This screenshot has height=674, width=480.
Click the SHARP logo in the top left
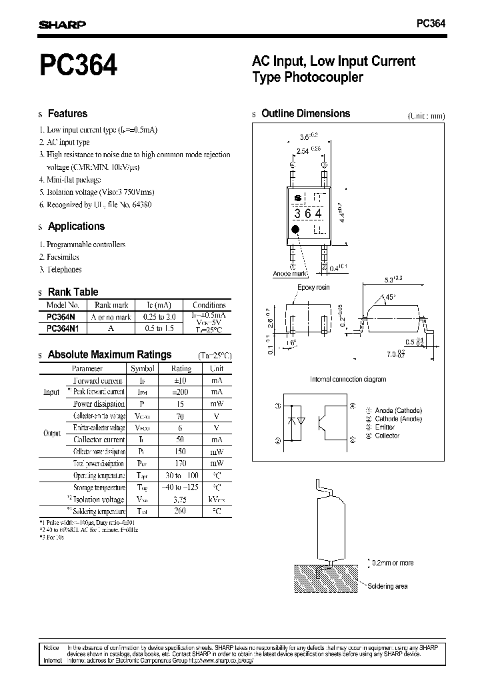click(x=61, y=25)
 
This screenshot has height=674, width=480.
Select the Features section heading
click(x=67, y=114)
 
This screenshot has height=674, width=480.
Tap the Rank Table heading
click(x=73, y=292)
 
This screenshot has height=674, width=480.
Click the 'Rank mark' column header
click(x=111, y=305)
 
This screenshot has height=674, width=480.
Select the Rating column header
click(x=181, y=368)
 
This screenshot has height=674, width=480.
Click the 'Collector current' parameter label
click(x=99, y=440)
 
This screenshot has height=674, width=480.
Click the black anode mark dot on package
click(x=295, y=229)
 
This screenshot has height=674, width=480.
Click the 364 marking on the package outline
click(x=308, y=214)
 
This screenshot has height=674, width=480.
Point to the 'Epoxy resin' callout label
click(x=313, y=288)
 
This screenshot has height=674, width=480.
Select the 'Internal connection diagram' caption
click(x=348, y=379)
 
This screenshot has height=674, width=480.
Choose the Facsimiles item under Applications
click(x=59, y=257)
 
